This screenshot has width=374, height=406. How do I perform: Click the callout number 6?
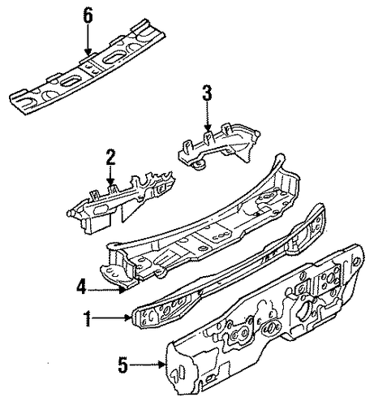tap(88, 16)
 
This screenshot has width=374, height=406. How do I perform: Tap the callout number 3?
tap(207, 93)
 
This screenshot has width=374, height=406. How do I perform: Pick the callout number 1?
tap(88, 318)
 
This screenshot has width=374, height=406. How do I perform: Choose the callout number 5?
tap(123, 365)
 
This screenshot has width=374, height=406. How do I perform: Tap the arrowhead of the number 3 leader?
tap(208, 128)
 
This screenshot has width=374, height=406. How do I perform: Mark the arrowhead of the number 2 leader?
tap(110, 182)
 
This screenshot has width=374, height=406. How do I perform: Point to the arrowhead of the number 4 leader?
tap(123, 291)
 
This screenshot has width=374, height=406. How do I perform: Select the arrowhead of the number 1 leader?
tap(129, 317)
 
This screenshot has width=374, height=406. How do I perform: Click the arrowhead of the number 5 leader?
tap(162, 365)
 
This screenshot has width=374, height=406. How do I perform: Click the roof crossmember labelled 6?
tap(88, 67)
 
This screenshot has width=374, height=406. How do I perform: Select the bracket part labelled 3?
tap(217, 148)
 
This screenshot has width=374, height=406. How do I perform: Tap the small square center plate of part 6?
tap(91, 68)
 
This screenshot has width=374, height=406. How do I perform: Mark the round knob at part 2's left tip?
tap(70, 213)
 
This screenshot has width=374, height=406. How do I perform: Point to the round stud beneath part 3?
tap(200, 165)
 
